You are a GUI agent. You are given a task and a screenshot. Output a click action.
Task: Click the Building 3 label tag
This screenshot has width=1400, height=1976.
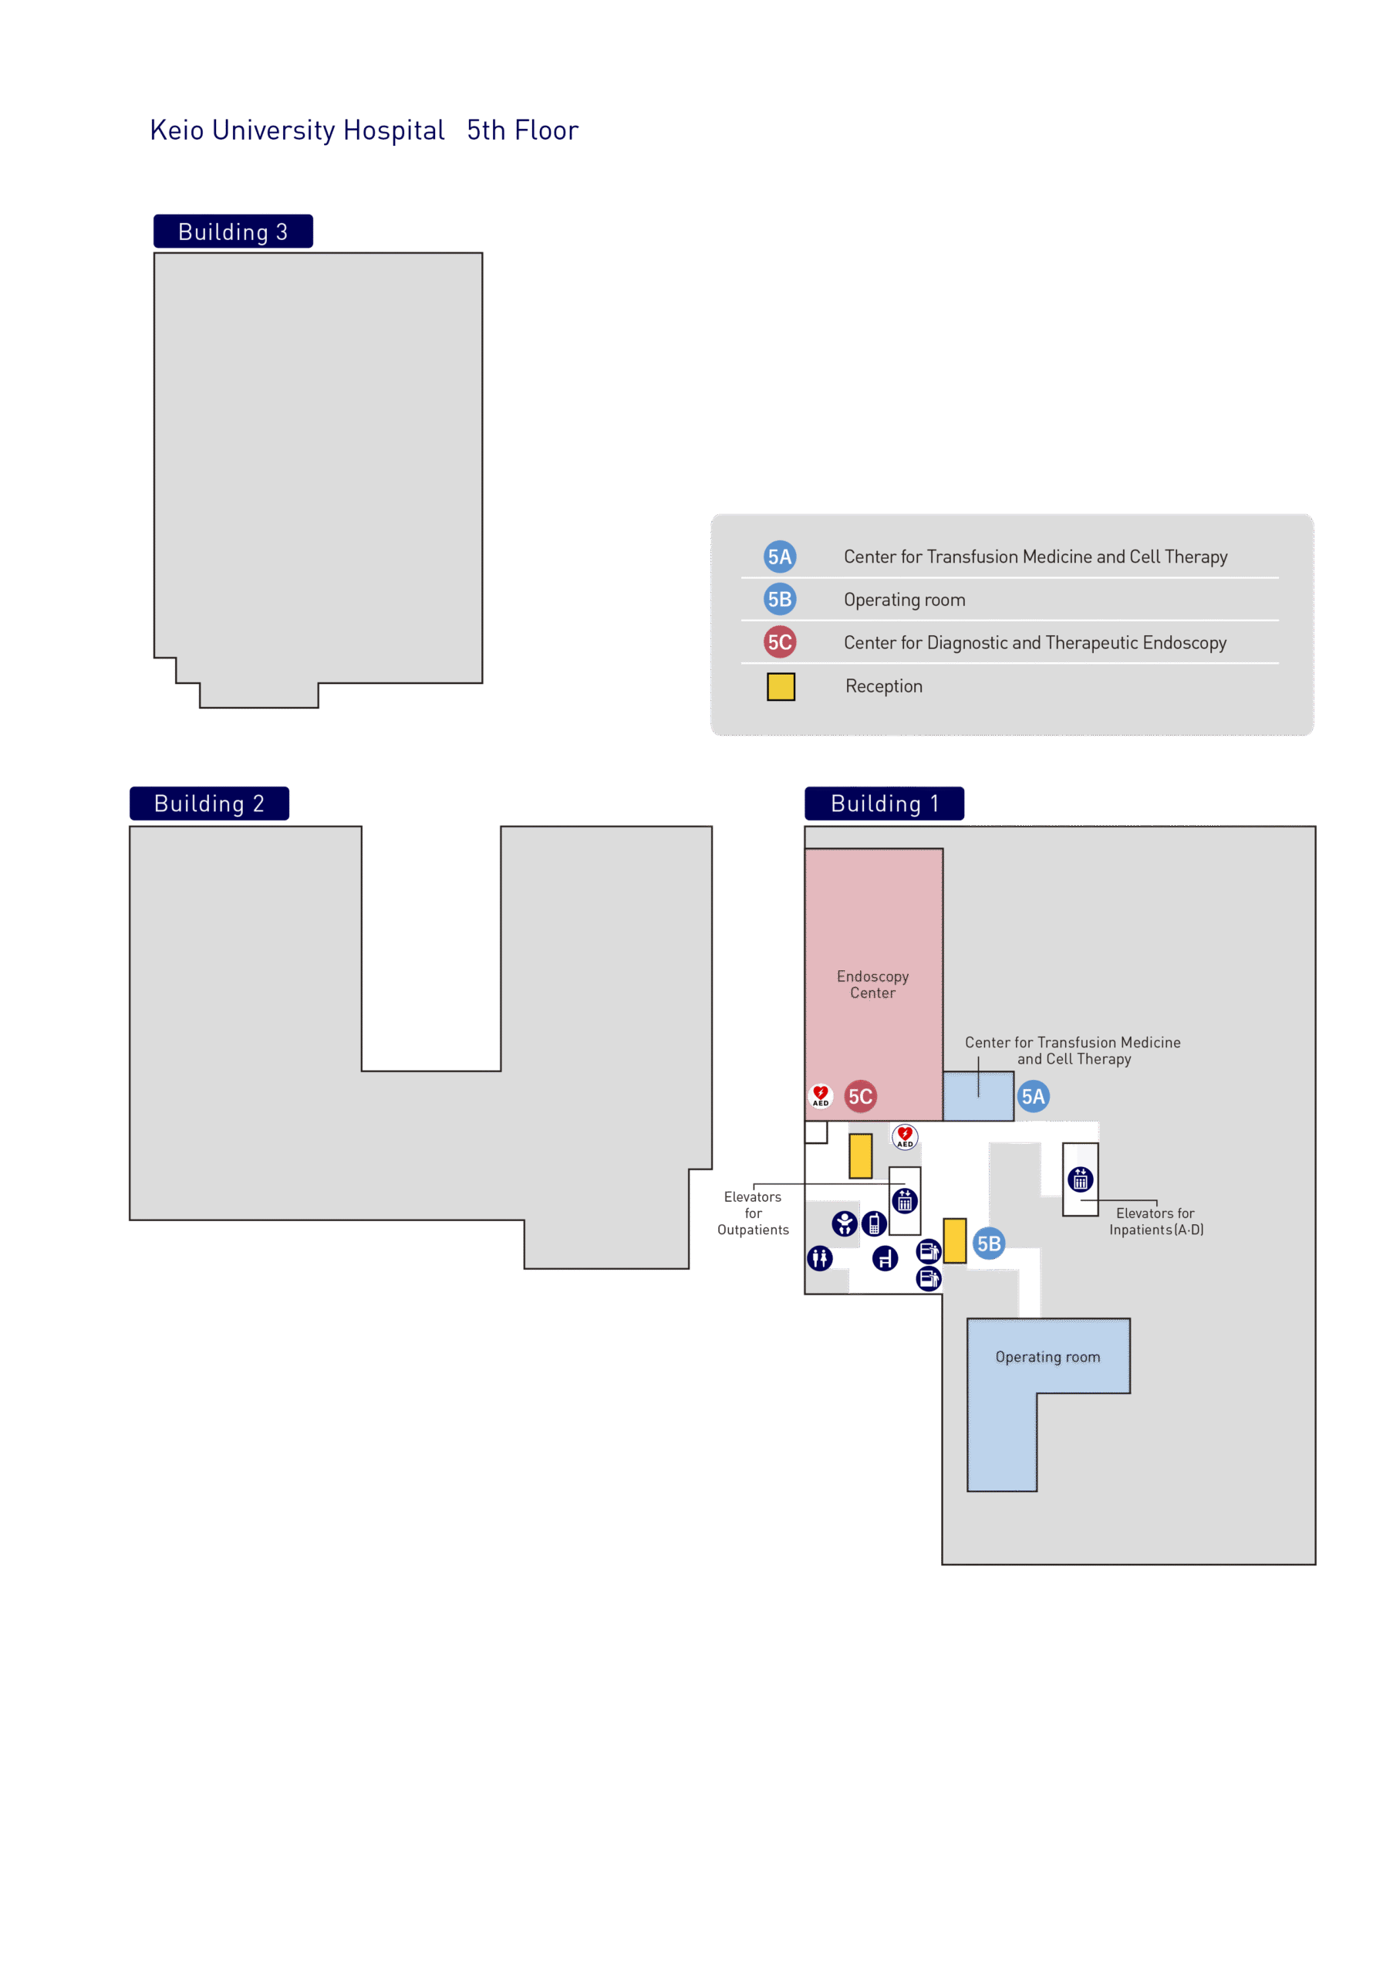pyautogui.click(x=233, y=231)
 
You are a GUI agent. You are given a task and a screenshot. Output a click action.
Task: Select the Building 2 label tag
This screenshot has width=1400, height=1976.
pyautogui.click(x=210, y=803)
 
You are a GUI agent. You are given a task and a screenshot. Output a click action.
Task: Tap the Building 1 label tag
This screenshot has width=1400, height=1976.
pyautogui.click(x=885, y=803)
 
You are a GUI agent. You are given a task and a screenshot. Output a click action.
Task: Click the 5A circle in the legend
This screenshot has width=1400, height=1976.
pyautogui.click(x=780, y=557)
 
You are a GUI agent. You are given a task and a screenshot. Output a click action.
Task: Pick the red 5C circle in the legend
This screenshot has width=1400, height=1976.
pyautogui.click(x=780, y=641)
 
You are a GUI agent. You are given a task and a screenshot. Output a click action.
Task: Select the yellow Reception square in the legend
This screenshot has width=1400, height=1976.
pyautogui.click(x=781, y=686)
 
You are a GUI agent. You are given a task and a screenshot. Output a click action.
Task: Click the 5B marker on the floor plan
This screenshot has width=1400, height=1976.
pyautogui.click(x=989, y=1243)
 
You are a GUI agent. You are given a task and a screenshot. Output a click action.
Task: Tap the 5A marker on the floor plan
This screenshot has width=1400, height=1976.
pyautogui.click(x=1033, y=1096)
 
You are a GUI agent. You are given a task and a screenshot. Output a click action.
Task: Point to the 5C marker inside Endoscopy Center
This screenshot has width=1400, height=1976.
pyautogui.click(x=860, y=1096)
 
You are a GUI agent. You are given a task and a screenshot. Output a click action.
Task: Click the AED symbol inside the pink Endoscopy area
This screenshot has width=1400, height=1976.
pyautogui.click(x=821, y=1095)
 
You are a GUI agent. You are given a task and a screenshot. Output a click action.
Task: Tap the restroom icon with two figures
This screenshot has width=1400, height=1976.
pyautogui.click(x=820, y=1258)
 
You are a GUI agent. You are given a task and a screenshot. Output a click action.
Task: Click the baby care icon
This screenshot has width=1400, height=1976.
pyautogui.click(x=845, y=1223)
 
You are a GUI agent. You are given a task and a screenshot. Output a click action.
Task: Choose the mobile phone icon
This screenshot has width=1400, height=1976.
pyautogui.click(x=874, y=1223)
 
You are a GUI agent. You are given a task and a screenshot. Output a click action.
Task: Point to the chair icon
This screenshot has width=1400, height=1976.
pyautogui.click(x=885, y=1258)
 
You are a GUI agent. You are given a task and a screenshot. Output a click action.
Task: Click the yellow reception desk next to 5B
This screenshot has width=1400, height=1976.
pyautogui.click(x=954, y=1240)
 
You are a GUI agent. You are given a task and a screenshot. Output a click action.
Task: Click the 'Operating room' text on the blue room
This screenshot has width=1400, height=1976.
pyautogui.click(x=1047, y=1357)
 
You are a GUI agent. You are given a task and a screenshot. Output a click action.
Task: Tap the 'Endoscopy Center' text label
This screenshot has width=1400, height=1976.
pyautogui.click(x=872, y=984)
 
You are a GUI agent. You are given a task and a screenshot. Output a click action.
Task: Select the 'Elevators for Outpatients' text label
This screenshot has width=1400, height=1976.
pyautogui.click(x=753, y=1213)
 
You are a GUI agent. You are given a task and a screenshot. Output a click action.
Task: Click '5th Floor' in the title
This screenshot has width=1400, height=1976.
pyautogui.click(x=522, y=130)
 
